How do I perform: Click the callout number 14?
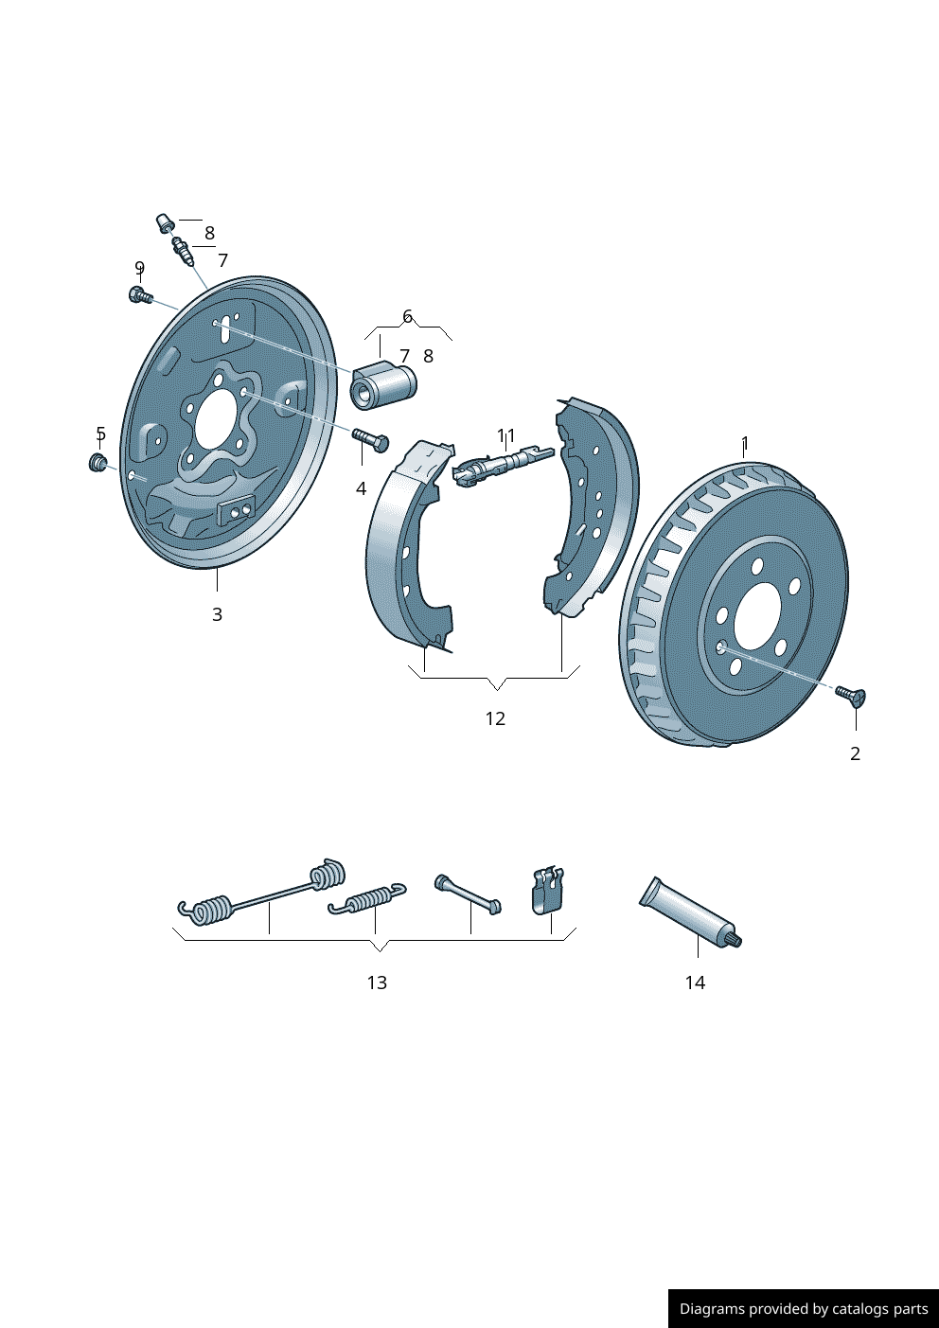tap(695, 983)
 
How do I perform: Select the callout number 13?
tap(377, 983)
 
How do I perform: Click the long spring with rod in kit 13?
tap(265, 892)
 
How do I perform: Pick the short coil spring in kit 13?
tap(367, 899)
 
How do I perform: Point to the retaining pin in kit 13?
tap(468, 894)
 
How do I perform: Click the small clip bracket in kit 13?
tap(547, 889)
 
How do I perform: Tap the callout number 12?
tap(495, 718)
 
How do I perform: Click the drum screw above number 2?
tap(851, 697)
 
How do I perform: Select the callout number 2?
tap(855, 753)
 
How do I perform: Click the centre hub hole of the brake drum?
tap(756, 615)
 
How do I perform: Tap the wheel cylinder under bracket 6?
tap(383, 386)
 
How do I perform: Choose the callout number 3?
tap(217, 614)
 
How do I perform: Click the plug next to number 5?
tap(97, 462)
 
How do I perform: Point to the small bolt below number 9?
tap(139, 295)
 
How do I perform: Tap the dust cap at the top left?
tap(165, 223)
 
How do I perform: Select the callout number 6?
tap(407, 316)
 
